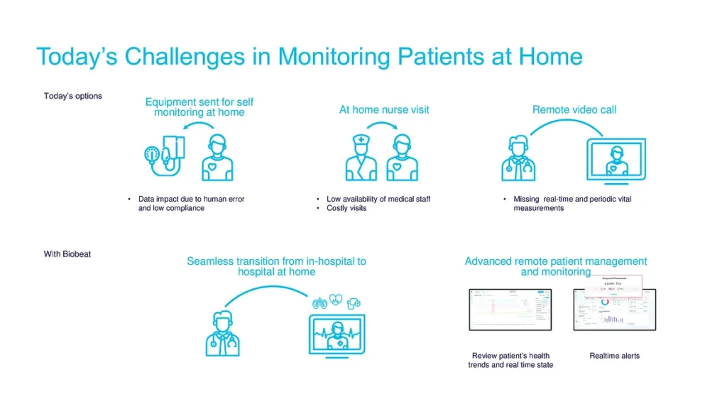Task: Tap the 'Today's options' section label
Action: point(73,96)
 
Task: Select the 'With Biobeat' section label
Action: point(67,253)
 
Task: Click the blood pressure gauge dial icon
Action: point(153,154)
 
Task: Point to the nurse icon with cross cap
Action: point(361,158)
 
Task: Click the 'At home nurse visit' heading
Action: point(384,109)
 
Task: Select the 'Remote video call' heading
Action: point(574,109)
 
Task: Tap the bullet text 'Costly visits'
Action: point(346,208)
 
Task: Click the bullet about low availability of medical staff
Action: point(378,199)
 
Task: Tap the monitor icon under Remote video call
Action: point(615,160)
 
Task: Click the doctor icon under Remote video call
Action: point(518,158)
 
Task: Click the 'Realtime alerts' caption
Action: point(614,356)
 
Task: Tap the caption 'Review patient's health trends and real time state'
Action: point(510,360)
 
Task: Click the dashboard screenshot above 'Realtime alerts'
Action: point(615,310)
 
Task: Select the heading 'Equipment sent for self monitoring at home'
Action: point(199,107)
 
